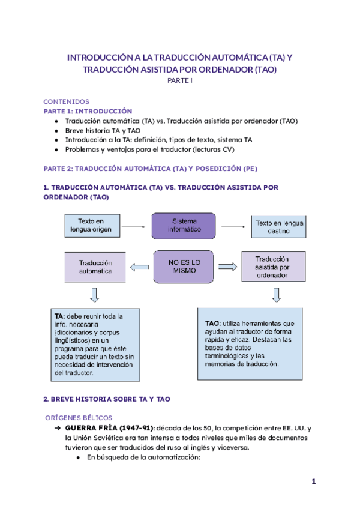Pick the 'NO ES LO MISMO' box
click(x=184, y=267)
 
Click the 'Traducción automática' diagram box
click(x=95, y=267)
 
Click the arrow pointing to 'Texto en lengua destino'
click(x=235, y=227)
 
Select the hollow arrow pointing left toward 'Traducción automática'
click(x=140, y=267)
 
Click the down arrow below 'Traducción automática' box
click(x=95, y=294)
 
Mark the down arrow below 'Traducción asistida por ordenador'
click(x=276, y=294)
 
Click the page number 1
click(x=313, y=482)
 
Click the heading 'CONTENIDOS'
click(x=67, y=102)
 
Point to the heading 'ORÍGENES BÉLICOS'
click(x=79, y=417)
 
